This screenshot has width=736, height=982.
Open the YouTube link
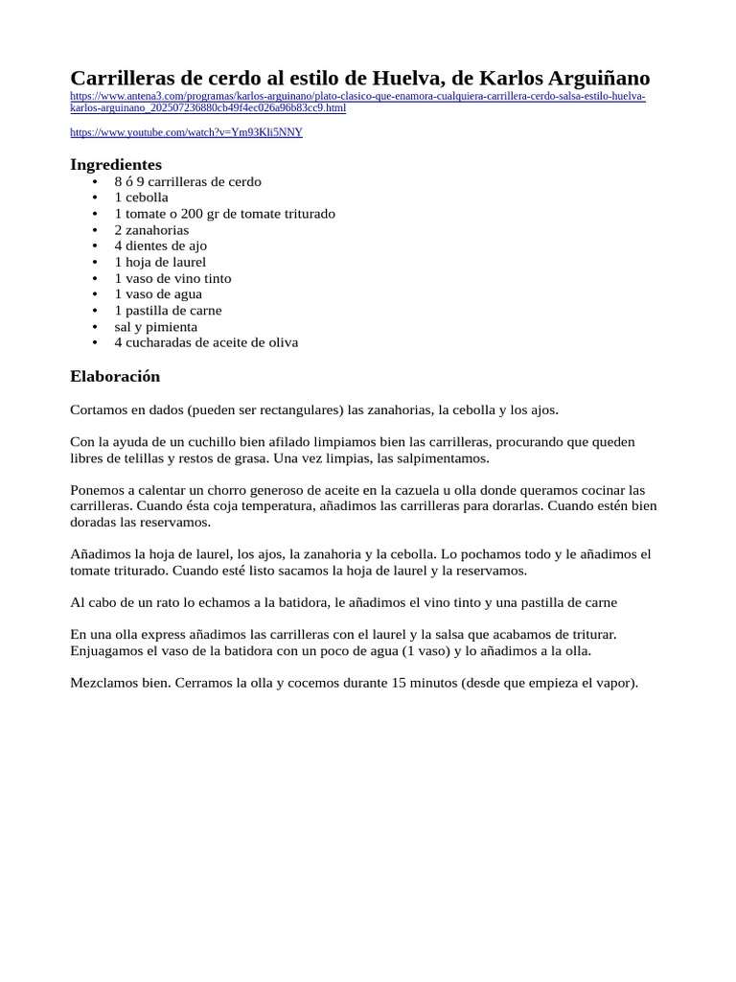[x=186, y=132]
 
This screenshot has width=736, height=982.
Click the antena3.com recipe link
[x=357, y=97]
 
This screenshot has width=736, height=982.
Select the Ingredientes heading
[x=116, y=164]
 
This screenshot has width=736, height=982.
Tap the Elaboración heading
[x=115, y=376]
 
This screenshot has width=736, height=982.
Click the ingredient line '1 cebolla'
[x=141, y=198]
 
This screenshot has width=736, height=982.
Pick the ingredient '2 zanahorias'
[x=151, y=230]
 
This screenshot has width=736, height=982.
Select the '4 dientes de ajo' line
[x=160, y=245]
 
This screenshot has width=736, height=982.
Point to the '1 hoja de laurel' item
[x=160, y=262]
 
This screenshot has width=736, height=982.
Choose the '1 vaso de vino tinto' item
[x=172, y=278]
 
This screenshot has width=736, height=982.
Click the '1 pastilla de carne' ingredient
[x=168, y=311]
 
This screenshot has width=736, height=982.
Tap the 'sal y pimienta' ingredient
[x=155, y=327]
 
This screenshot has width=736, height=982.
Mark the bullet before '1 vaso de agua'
[x=95, y=294]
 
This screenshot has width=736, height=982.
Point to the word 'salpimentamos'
[x=445, y=457]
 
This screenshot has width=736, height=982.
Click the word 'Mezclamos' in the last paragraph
[x=104, y=683]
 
